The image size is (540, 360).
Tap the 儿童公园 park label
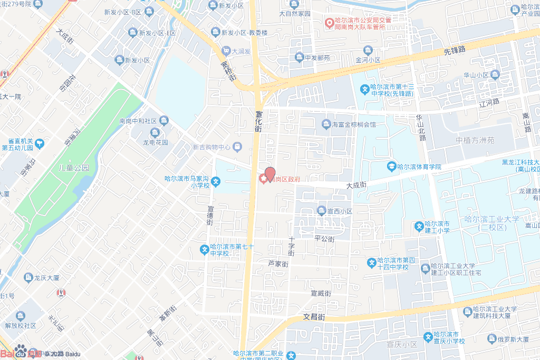click(x=74, y=168)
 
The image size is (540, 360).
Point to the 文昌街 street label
click(x=314, y=317)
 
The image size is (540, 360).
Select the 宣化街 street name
click(x=258, y=121)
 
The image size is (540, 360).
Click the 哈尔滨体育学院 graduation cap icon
click(x=391, y=167)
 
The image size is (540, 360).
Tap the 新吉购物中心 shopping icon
click(x=238, y=147)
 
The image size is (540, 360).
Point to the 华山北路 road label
click(x=420, y=128)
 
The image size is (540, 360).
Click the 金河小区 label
click(x=368, y=60)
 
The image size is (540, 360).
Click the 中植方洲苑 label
click(x=475, y=140)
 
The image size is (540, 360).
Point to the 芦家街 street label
click(x=278, y=264)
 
